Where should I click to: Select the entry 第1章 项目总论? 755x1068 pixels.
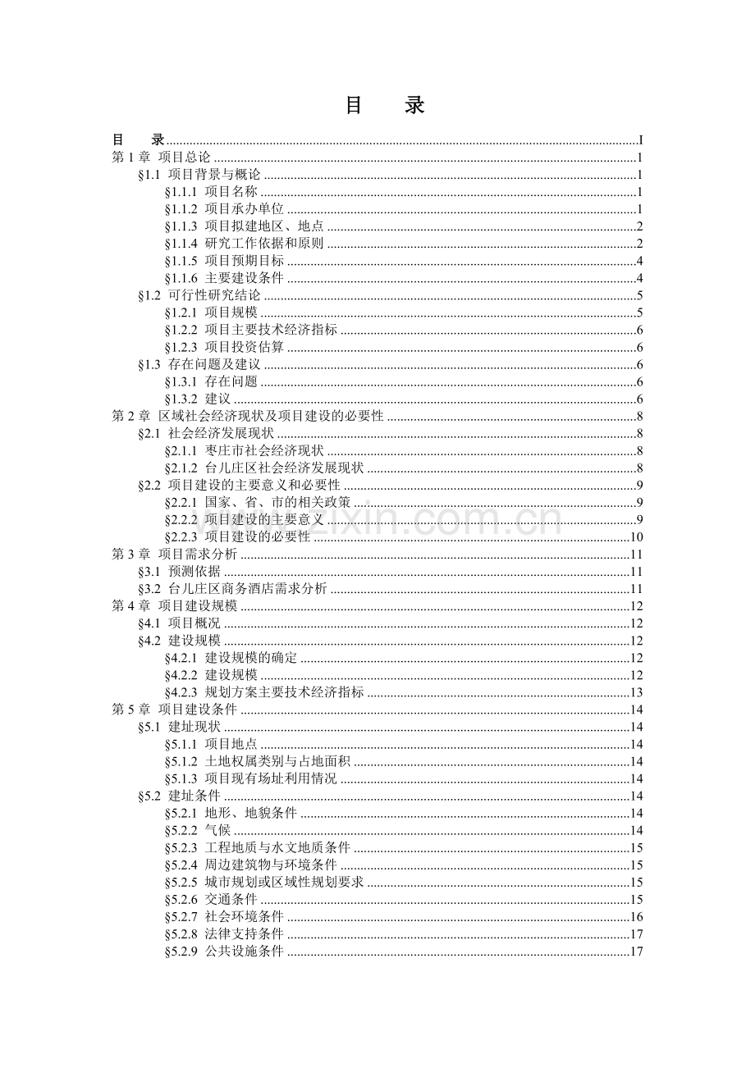[161, 157]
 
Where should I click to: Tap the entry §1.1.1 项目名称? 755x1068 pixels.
[211, 191]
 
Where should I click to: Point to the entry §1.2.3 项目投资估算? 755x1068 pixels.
[224, 347]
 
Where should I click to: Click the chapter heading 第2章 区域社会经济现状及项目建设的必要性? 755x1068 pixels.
[247, 416]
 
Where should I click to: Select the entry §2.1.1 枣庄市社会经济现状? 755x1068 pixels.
[244, 450]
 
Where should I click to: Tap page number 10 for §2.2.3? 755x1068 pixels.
[635, 537]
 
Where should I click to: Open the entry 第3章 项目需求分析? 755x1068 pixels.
[174, 555]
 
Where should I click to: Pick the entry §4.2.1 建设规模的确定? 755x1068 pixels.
[231, 658]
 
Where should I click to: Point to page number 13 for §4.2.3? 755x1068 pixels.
[635, 692]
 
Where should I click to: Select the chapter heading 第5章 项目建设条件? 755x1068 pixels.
[174, 710]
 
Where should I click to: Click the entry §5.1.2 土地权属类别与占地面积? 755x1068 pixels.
[257, 761]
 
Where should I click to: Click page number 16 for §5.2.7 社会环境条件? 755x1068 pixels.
[635, 917]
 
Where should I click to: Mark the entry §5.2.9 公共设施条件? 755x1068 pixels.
[224, 952]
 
